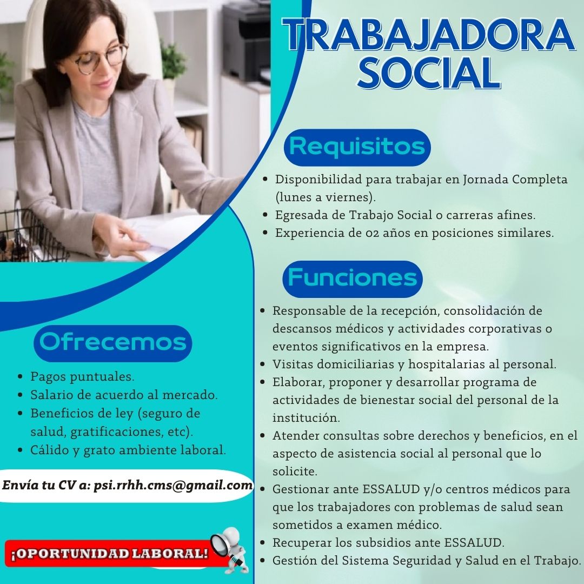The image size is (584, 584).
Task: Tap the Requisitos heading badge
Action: pyautogui.click(x=357, y=147)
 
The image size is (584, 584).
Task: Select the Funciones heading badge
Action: pyautogui.click(x=353, y=278)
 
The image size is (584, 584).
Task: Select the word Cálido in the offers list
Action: pyautogui.click(x=49, y=449)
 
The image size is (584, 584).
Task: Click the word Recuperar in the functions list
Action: pyautogui.click(x=302, y=542)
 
